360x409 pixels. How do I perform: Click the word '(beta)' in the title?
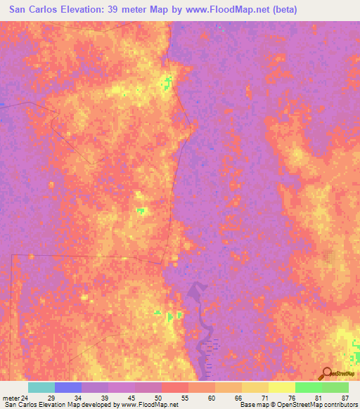[278, 10]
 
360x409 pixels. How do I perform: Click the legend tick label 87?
[345, 398]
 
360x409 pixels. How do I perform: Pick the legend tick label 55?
[184, 398]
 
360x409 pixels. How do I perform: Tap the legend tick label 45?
[131, 398]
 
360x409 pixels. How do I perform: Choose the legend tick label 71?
[264, 398]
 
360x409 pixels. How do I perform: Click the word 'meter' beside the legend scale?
[10, 398]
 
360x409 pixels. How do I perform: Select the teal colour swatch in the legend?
[41, 387]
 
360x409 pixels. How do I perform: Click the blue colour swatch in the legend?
[68, 387]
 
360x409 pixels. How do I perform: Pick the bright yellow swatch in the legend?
[282, 387]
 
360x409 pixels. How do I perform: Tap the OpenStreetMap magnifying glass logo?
[326, 374]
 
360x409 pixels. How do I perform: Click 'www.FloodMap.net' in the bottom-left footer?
[150, 405]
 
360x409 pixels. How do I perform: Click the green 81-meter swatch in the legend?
[309, 387]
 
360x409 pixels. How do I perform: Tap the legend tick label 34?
[77, 398]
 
